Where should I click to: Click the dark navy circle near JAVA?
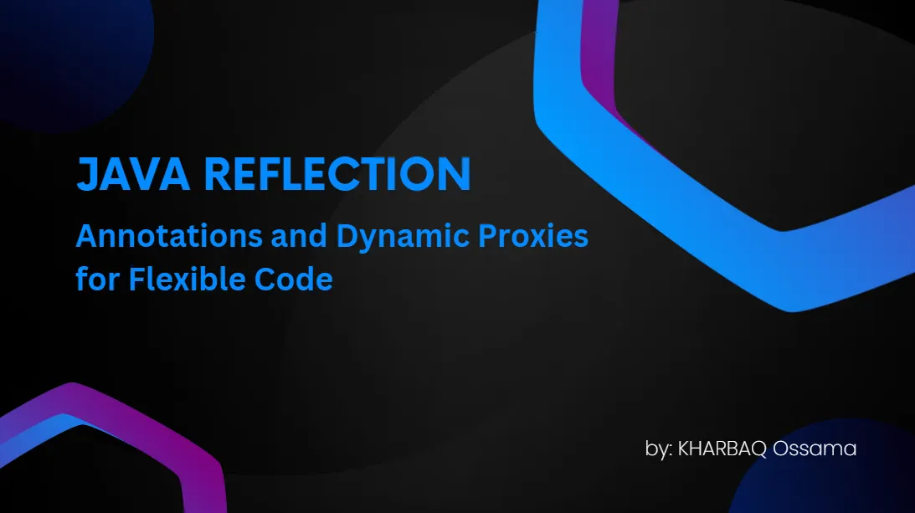click(x=75, y=50)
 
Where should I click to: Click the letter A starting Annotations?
click(x=85, y=238)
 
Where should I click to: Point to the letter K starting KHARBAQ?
click(x=684, y=449)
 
